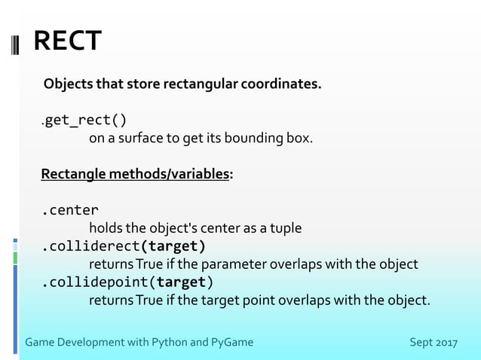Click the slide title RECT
(67, 41)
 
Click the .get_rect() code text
(84, 120)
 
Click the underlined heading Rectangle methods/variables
(136, 175)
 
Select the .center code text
(69, 210)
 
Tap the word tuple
(286, 227)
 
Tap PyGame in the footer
(231, 343)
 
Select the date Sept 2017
(433, 343)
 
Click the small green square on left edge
(15, 258)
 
